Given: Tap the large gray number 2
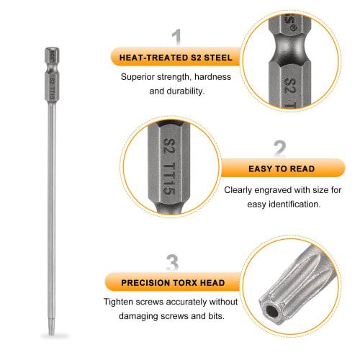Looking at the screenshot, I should [280, 150].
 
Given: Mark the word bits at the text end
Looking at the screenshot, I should [215, 317].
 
